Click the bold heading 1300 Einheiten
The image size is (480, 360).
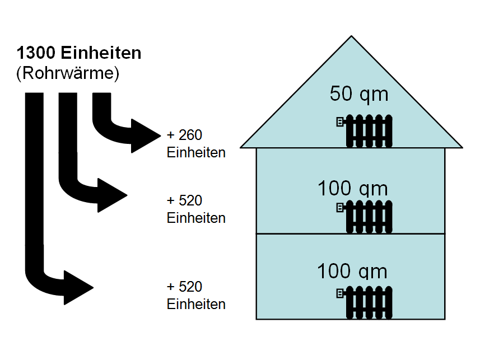click(x=79, y=54)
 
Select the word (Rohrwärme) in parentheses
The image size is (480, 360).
click(x=68, y=74)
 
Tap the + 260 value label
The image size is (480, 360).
click(x=184, y=135)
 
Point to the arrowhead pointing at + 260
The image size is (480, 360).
click(x=147, y=136)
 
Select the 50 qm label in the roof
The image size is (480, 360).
click(x=358, y=94)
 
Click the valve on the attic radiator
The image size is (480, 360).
click(x=339, y=122)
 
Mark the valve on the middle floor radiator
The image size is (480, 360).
click(x=339, y=208)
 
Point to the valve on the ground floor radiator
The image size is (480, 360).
click(x=339, y=293)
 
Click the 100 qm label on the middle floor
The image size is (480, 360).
click(x=352, y=188)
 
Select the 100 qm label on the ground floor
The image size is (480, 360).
click(x=352, y=271)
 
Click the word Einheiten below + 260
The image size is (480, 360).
click(x=196, y=152)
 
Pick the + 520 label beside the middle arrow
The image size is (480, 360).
click(x=184, y=200)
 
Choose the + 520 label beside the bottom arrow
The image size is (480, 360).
click(x=184, y=287)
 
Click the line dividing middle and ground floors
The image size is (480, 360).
click(x=350, y=233)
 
